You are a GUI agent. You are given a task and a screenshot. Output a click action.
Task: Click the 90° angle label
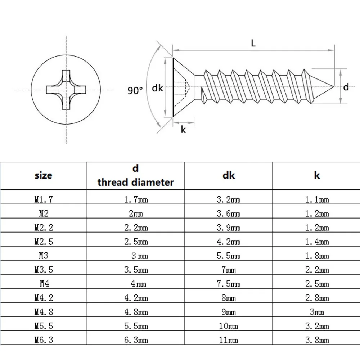135,91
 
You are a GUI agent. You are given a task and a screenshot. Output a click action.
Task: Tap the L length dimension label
253,44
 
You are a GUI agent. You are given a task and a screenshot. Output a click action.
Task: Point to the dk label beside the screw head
157,88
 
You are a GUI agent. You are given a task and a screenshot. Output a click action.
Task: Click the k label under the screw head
183,130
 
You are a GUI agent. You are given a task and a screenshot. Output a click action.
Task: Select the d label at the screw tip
346,87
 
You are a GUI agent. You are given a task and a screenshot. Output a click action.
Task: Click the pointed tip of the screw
333,87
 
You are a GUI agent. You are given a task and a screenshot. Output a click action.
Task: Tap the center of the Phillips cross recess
66,90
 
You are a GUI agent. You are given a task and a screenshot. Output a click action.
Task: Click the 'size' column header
43,176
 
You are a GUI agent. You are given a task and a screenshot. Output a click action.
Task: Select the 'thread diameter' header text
136,182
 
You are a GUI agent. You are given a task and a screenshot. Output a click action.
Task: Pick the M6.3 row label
44,340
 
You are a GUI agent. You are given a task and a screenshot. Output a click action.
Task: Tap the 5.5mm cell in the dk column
228,256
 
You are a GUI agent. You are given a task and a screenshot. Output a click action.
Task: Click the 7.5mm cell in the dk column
228,284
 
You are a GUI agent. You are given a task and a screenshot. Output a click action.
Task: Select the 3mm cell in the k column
317,312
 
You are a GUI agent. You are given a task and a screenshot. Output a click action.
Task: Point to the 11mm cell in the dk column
228,340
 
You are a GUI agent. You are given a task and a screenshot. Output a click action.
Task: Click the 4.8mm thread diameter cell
136,312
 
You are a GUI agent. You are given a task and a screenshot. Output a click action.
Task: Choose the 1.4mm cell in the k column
317,242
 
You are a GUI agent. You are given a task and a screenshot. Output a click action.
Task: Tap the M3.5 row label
44,270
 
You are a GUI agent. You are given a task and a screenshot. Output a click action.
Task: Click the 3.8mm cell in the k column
317,340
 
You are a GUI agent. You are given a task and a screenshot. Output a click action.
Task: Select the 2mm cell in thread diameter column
136,214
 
